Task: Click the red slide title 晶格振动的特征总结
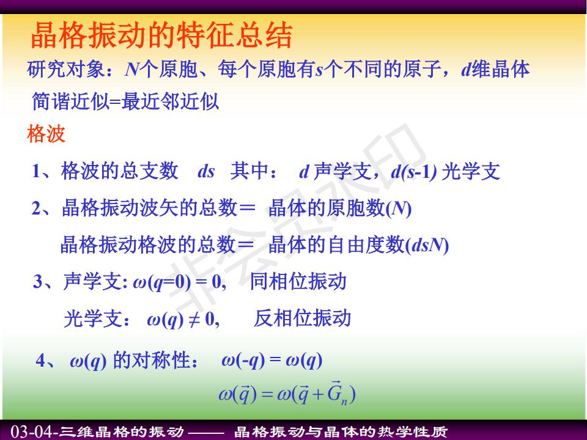tap(161, 35)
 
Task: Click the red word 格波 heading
tap(46, 134)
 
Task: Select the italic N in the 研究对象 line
tap(133, 70)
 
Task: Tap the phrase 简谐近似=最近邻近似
tap(125, 101)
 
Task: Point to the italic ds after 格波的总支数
tap(206, 172)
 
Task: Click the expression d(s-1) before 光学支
tap(414, 172)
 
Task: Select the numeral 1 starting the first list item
tap(37, 171)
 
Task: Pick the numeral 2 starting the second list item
tap(37, 208)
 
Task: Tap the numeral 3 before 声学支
tap(38, 281)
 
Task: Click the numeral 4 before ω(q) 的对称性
tap(41, 361)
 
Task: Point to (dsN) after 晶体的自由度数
tap(427, 246)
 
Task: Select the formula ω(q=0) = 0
tap(179, 282)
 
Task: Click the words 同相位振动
tap(298, 281)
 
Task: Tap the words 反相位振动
tap(303, 318)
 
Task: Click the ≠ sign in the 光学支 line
tap(194, 320)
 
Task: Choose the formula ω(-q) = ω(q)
tap(271, 361)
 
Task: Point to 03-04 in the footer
tap(32, 431)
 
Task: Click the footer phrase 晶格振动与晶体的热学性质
tap(341, 432)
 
